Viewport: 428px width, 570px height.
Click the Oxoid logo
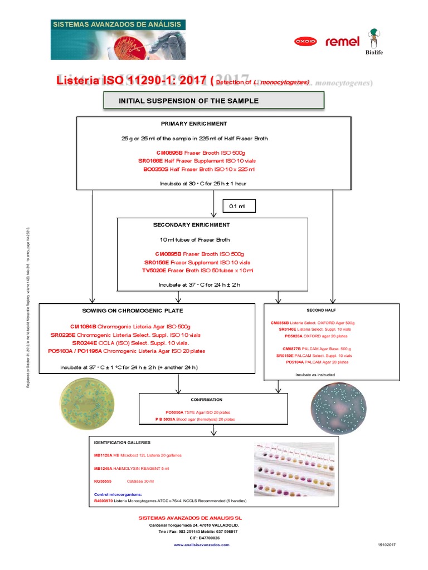[305, 41]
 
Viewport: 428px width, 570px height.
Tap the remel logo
[342, 41]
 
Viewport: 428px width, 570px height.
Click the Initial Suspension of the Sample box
[213, 101]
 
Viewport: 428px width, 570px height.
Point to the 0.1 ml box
[238, 207]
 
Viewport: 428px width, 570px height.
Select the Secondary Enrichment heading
[191, 225]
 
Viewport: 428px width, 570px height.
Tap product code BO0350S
[155, 169]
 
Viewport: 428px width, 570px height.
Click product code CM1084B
[83, 326]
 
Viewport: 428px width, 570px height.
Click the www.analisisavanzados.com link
[202, 545]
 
